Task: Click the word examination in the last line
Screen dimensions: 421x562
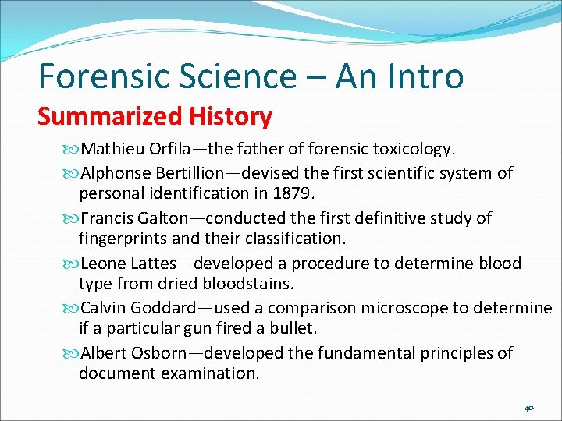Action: click(x=210, y=373)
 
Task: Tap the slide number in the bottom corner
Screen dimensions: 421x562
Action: click(x=528, y=408)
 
